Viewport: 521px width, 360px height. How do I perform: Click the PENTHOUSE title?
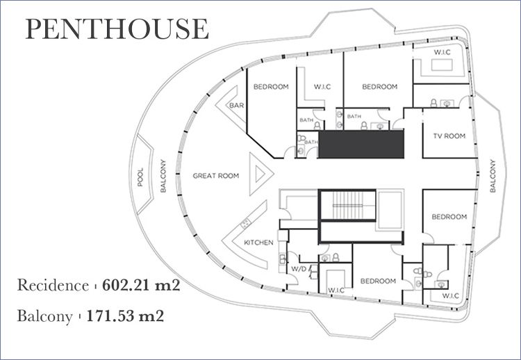pos(117,28)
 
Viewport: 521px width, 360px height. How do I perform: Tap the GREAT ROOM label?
pos(216,176)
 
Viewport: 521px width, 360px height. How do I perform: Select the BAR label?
pos(237,106)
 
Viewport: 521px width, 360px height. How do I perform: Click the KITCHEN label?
pos(258,243)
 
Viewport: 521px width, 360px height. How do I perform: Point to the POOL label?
pos(140,177)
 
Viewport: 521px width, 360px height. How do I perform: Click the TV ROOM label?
pos(449,136)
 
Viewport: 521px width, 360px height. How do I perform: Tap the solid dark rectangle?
pos(361,144)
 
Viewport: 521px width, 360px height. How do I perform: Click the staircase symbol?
pos(347,205)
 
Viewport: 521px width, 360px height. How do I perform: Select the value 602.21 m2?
pos(141,285)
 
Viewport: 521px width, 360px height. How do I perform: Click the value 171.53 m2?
pos(125,316)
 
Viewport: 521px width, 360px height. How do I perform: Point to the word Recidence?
pos(53,285)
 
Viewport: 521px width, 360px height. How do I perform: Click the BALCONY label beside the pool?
pos(163,176)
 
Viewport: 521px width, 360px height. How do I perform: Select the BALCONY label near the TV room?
pos(493,176)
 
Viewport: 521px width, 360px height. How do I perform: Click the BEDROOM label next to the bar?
pos(271,87)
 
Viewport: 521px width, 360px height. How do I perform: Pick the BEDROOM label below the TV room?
pos(449,217)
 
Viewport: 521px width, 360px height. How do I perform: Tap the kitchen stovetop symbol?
pos(245,223)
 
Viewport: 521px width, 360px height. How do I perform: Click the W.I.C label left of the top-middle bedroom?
pos(322,87)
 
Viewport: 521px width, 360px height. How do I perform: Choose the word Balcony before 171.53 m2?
pos(45,316)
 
